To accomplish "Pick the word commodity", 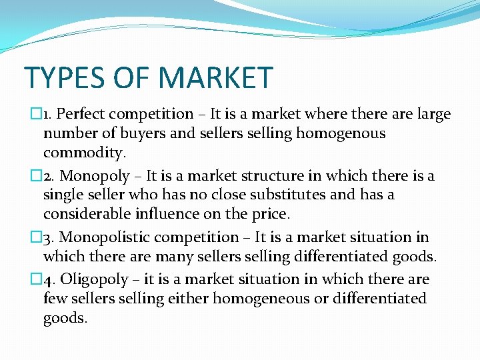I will coord(84,153).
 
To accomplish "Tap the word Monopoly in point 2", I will coord(95,176).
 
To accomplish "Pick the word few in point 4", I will coord(55,299).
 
